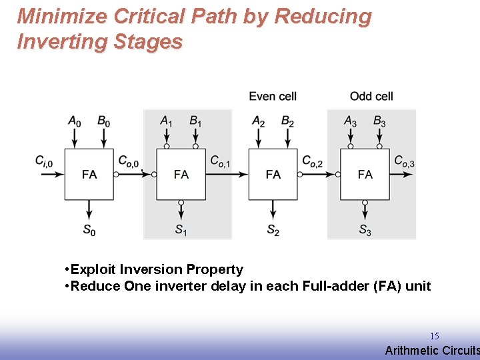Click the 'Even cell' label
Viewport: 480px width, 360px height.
(272, 97)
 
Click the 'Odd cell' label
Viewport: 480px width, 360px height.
(371, 97)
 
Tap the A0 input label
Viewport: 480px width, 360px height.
(75, 121)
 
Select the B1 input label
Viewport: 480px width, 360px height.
(195, 121)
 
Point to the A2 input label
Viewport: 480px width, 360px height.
(259, 121)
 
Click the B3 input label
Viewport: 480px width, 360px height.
(379, 121)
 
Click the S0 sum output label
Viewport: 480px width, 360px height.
(89, 230)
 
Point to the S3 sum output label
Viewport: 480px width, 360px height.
(365, 230)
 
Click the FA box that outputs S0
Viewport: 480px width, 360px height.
(89, 174)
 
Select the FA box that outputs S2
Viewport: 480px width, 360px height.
(273, 174)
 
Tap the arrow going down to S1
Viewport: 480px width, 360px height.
(181, 211)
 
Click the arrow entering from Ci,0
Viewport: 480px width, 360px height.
(51, 174)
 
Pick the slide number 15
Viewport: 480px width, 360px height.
(434, 336)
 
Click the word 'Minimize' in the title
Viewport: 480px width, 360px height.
(58, 16)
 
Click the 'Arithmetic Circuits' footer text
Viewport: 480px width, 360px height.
(432, 351)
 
